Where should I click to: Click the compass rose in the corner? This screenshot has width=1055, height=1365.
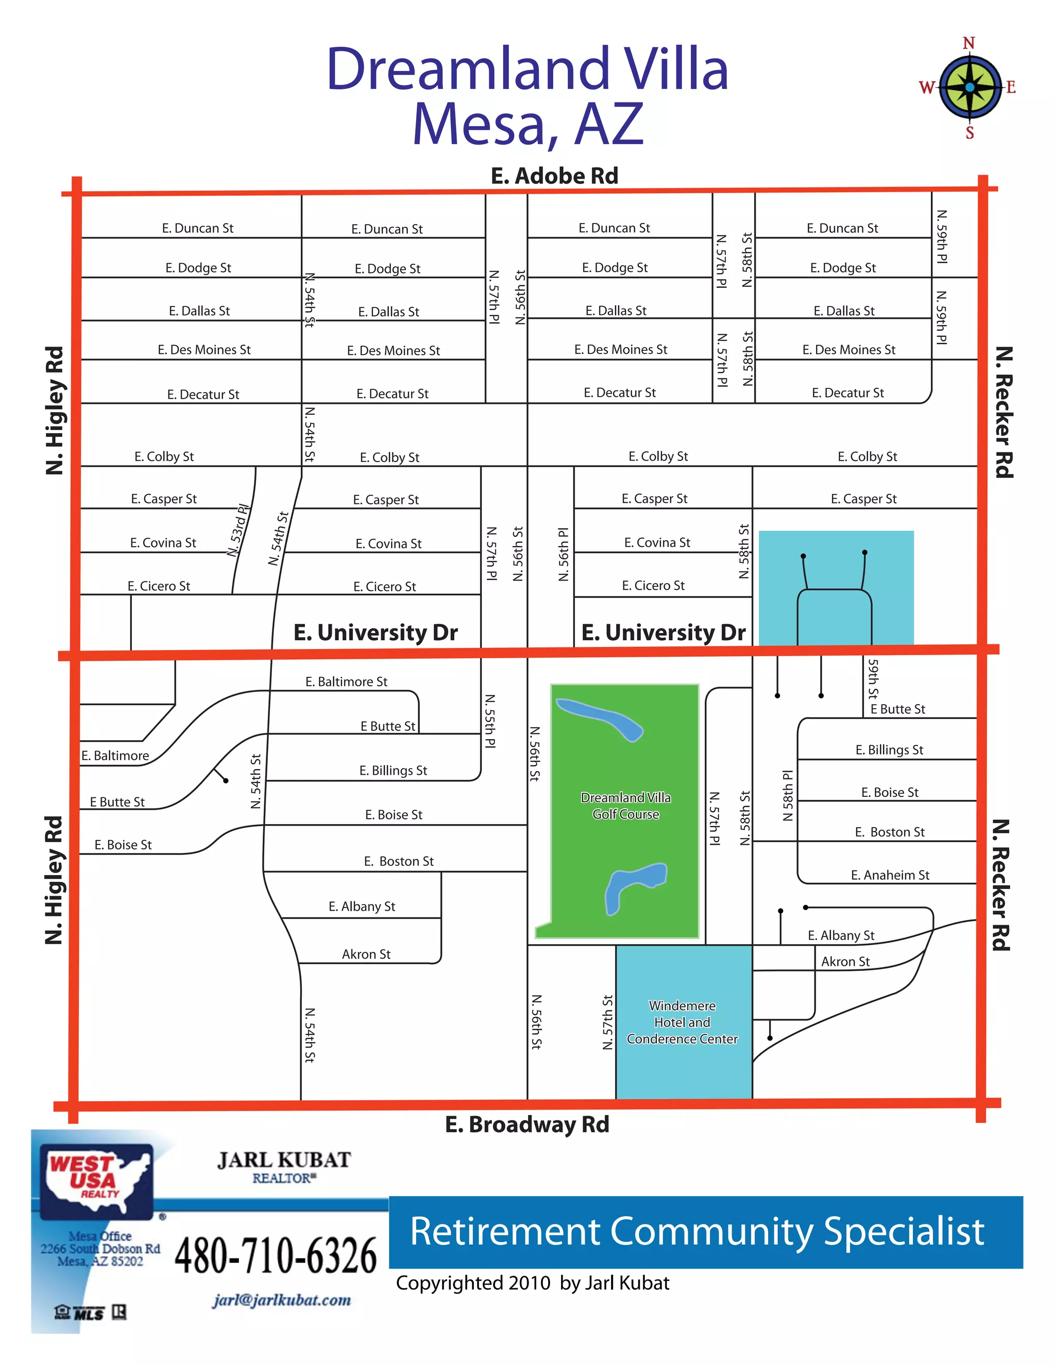[969, 88]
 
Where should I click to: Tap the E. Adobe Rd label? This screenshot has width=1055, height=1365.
[554, 176]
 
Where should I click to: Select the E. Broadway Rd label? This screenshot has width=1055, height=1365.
[527, 1124]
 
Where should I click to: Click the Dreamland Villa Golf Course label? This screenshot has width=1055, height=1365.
[625, 806]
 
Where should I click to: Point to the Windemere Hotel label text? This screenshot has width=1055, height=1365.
[682, 1022]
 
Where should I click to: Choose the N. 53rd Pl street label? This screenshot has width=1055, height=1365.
[238, 530]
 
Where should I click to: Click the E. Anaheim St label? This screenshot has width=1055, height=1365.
[890, 875]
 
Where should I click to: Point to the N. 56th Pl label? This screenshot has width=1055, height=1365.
[564, 554]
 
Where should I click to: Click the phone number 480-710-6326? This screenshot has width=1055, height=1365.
[276, 1256]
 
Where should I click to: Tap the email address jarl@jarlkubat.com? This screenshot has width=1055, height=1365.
[281, 1300]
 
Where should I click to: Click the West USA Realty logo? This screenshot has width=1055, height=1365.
[97, 1181]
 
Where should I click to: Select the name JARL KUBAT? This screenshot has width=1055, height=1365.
[284, 1160]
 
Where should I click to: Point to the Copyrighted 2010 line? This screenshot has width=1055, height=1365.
[533, 1283]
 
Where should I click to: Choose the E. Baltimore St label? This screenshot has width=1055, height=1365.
[346, 682]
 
